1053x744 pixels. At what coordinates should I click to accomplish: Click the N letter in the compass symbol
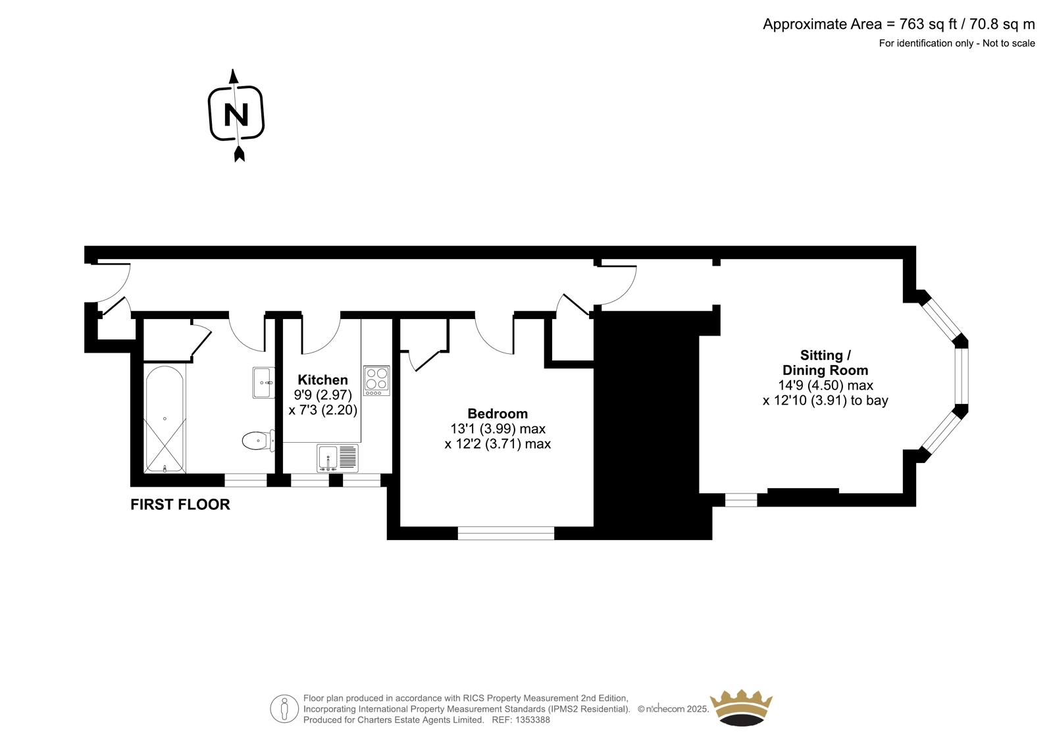(x=236, y=115)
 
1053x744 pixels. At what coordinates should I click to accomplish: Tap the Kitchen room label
(x=323, y=380)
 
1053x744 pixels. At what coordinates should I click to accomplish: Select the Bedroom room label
(x=498, y=414)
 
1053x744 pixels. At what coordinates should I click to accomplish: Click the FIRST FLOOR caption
(x=180, y=505)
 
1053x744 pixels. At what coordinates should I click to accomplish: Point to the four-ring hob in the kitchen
(x=376, y=381)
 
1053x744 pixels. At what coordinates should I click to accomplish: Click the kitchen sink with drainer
(x=338, y=459)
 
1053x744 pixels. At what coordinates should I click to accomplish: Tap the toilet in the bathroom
(x=259, y=441)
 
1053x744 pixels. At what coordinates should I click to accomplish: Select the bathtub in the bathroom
(x=165, y=419)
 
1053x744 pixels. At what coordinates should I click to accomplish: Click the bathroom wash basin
(x=263, y=383)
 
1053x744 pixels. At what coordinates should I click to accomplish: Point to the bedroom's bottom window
(x=506, y=533)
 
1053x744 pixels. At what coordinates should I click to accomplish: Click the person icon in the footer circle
(x=284, y=709)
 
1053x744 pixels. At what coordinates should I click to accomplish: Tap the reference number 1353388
(x=532, y=720)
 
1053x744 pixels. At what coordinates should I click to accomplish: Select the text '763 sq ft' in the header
(x=929, y=24)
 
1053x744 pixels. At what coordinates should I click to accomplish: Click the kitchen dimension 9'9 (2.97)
(x=323, y=395)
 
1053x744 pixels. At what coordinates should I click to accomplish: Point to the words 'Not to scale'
(x=1009, y=43)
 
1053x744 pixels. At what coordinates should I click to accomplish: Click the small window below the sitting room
(x=741, y=500)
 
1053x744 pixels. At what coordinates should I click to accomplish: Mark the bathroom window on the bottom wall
(x=245, y=480)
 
